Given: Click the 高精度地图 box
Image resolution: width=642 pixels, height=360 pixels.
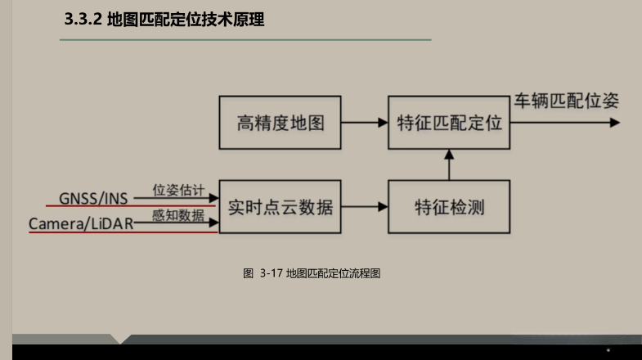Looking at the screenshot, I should (281, 124).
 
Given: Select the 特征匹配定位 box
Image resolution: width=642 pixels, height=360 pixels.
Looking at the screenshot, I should (448, 124).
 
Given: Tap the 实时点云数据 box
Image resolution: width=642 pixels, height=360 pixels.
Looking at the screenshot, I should (281, 206).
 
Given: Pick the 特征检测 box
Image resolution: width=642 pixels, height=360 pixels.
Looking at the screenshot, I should (448, 206).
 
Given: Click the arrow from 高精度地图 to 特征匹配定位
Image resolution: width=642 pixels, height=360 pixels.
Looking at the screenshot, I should (365, 124).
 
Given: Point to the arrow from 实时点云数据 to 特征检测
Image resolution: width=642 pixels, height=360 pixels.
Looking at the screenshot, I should (365, 207).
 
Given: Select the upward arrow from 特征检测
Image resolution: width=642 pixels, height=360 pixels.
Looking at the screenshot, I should (448, 164).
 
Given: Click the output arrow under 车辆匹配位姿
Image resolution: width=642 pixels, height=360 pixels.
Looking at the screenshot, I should (564, 124).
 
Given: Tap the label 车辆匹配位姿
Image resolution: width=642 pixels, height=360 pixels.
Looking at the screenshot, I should (566, 102).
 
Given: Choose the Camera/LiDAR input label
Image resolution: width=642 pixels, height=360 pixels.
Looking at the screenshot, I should (81, 223).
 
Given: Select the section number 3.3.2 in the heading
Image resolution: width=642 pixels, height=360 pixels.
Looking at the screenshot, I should (83, 20).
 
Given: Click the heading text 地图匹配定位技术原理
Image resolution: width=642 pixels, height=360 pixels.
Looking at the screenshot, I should (186, 20).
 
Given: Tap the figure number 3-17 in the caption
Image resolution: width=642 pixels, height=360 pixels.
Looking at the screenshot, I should (271, 273).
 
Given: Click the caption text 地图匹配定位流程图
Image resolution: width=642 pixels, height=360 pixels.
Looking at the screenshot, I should (333, 273).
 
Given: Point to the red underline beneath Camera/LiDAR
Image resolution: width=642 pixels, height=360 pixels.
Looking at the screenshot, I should (123, 232).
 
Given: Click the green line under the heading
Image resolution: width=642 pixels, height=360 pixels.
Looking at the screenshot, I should (245, 39).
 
